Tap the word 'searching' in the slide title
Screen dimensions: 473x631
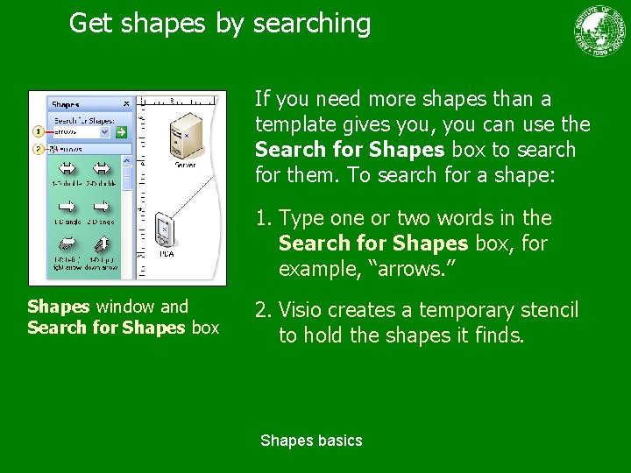311,24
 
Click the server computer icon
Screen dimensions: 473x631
185,134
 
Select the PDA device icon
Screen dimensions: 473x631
163,229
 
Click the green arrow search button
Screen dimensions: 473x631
121,132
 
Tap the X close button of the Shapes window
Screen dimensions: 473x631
125,104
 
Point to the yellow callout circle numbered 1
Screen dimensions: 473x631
38,131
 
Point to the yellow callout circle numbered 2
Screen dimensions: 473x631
38,150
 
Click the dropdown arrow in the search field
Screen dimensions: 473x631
104,132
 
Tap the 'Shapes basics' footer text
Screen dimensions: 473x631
311,441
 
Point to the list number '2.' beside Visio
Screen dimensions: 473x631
263,310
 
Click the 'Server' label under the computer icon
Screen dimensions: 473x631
185,165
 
